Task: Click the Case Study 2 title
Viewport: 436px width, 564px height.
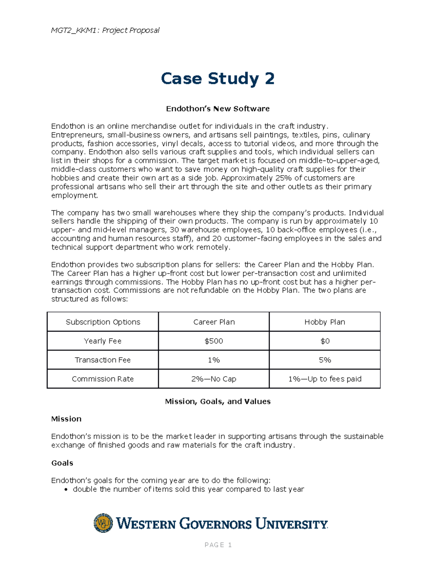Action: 217,79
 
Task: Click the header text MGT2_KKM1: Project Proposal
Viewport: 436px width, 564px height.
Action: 105,30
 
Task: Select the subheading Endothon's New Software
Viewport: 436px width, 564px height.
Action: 217,109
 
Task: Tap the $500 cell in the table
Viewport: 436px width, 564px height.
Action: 214,341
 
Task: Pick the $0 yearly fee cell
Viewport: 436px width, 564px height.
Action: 325,341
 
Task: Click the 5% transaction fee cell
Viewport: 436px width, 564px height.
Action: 325,360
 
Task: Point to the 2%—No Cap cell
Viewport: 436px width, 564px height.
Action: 214,379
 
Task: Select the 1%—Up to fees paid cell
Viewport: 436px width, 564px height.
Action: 325,379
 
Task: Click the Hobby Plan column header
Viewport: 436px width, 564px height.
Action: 325,322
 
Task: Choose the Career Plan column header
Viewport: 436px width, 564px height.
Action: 214,322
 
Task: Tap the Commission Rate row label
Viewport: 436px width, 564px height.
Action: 102,379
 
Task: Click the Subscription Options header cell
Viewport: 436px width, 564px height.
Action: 102,322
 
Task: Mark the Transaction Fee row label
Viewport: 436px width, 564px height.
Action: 102,360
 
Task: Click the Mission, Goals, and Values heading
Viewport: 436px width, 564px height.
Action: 217,401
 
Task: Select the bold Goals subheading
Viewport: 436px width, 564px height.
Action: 62,463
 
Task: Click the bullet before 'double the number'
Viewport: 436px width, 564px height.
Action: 66,490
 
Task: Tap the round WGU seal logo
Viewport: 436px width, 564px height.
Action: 103,523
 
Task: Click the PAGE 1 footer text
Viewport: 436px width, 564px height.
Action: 218,545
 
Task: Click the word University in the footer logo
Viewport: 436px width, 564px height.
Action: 291,524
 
